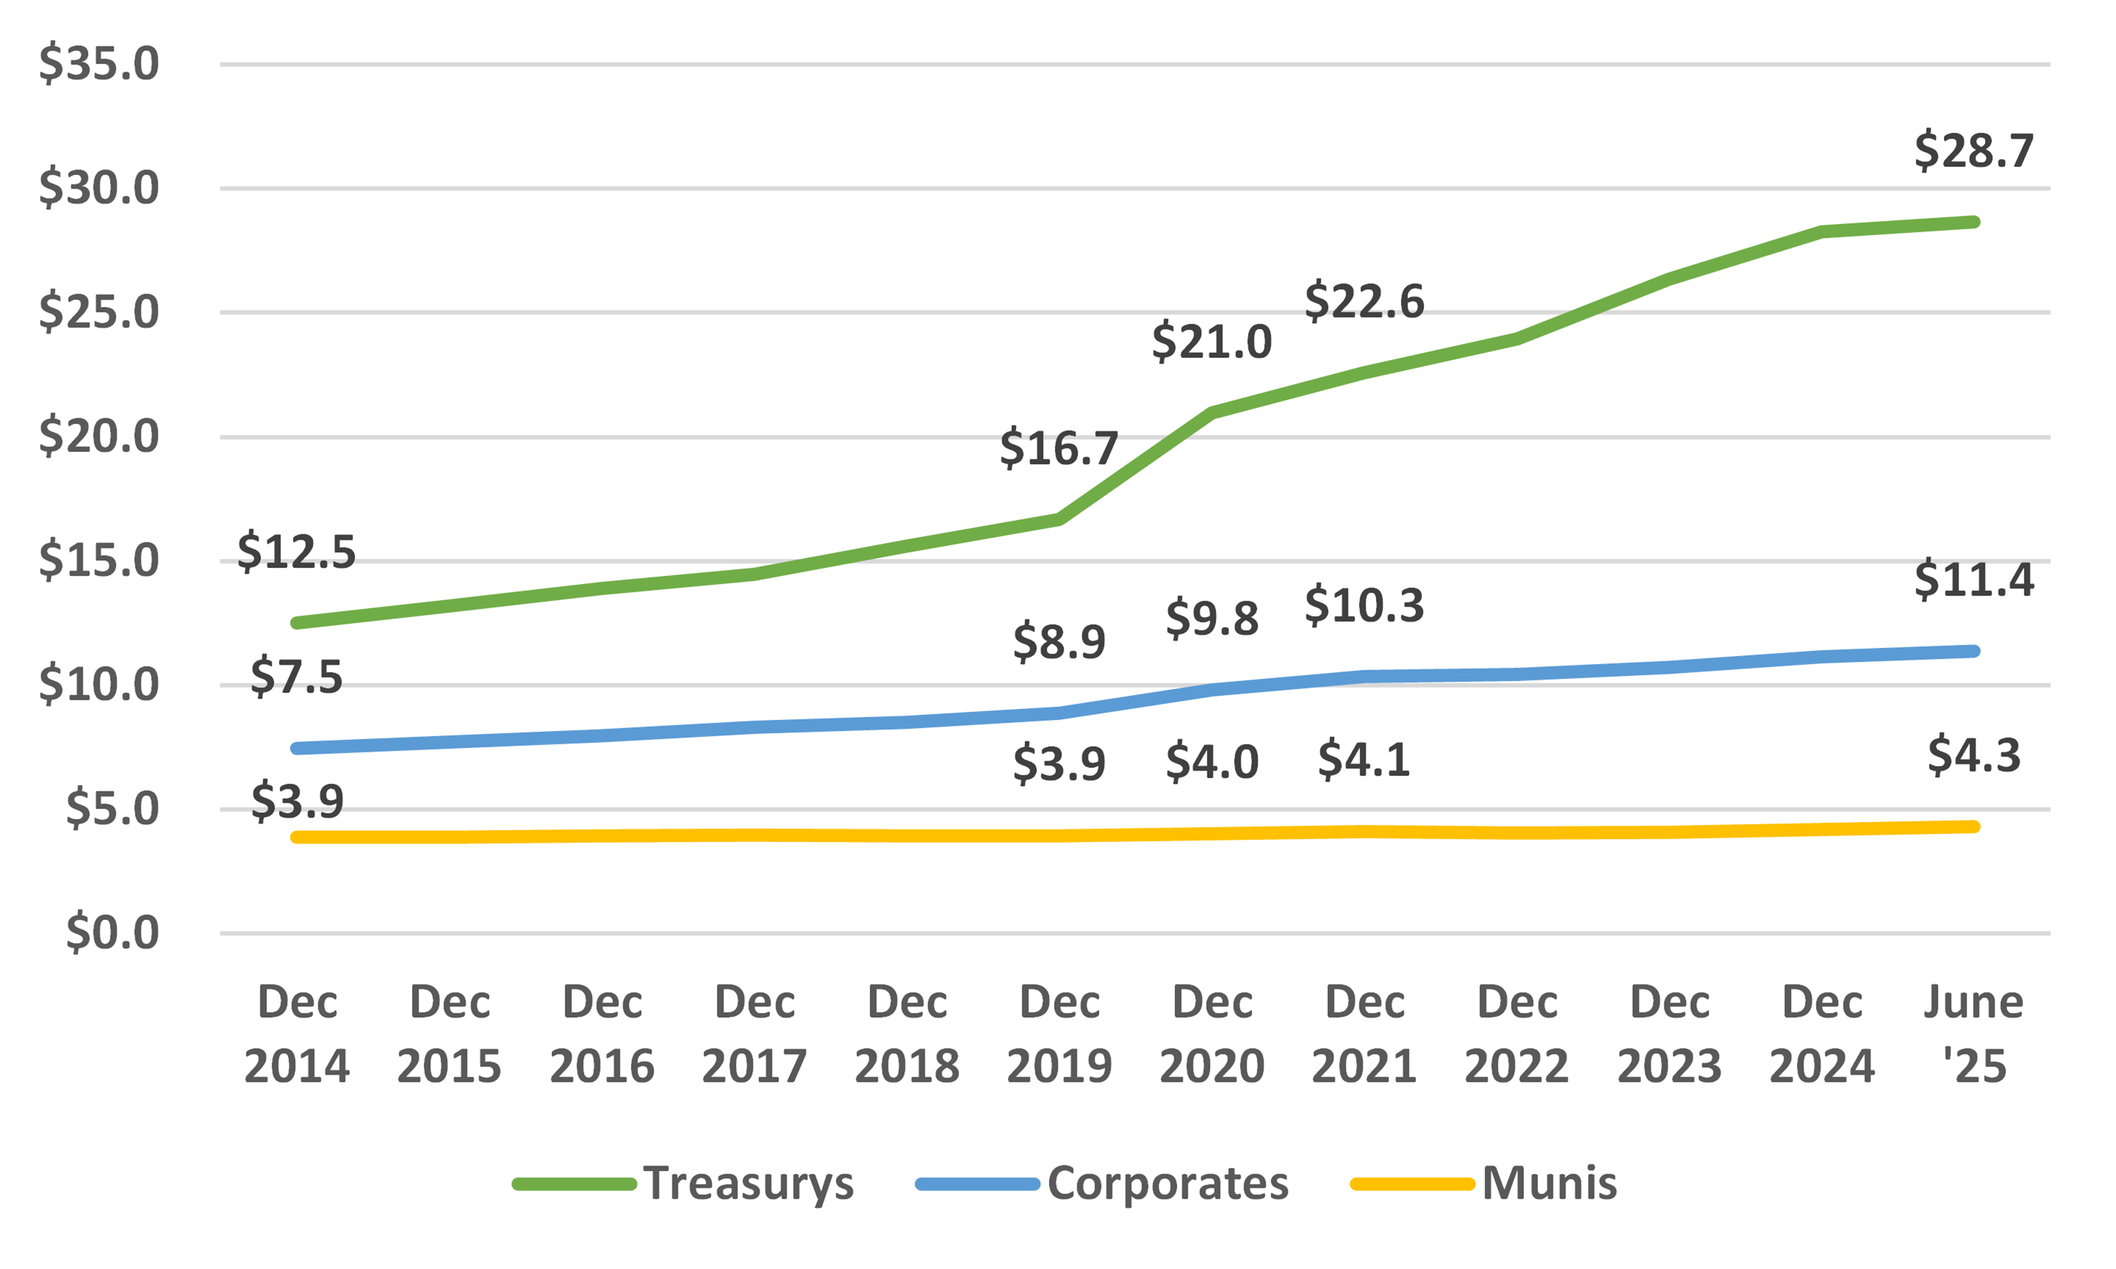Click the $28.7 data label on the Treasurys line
(x=1973, y=151)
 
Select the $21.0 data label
(x=1212, y=342)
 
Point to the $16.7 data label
(x=1059, y=448)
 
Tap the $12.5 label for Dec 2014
(x=296, y=552)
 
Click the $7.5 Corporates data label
(x=296, y=678)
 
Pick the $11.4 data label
(x=1973, y=580)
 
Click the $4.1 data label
(x=1364, y=760)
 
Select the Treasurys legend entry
(x=684, y=1184)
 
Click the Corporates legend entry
(x=1103, y=1184)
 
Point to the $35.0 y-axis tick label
(x=99, y=64)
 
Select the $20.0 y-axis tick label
(x=99, y=437)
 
